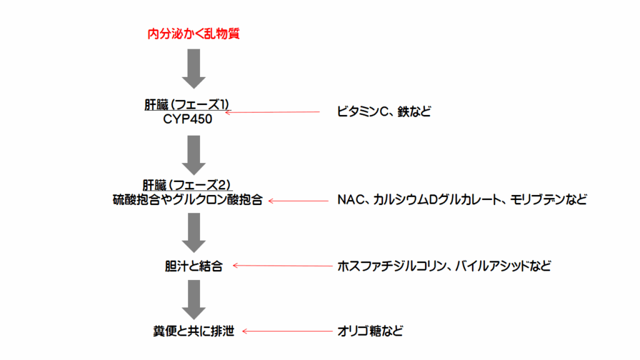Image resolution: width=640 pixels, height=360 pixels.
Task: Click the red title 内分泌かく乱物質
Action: click(x=193, y=34)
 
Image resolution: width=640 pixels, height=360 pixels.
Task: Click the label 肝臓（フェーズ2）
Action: click(x=187, y=185)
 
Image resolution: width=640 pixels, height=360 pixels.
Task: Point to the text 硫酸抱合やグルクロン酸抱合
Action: click(x=187, y=201)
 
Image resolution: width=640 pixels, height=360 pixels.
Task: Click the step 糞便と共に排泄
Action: click(x=189, y=331)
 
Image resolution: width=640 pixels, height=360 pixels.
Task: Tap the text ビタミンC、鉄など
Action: click(x=384, y=112)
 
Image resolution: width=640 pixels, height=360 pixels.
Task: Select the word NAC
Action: click(x=351, y=201)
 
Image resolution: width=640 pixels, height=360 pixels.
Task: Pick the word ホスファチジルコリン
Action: click(x=391, y=266)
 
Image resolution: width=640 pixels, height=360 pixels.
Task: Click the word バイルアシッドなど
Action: click(x=503, y=266)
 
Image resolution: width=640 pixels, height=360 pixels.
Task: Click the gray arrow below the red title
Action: click(x=193, y=69)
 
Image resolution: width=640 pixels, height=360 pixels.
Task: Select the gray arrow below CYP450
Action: click(x=193, y=154)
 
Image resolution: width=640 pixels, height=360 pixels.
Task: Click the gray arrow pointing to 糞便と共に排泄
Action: click(x=193, y=300)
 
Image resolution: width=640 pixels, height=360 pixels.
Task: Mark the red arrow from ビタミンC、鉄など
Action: click(x=272, y=112)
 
